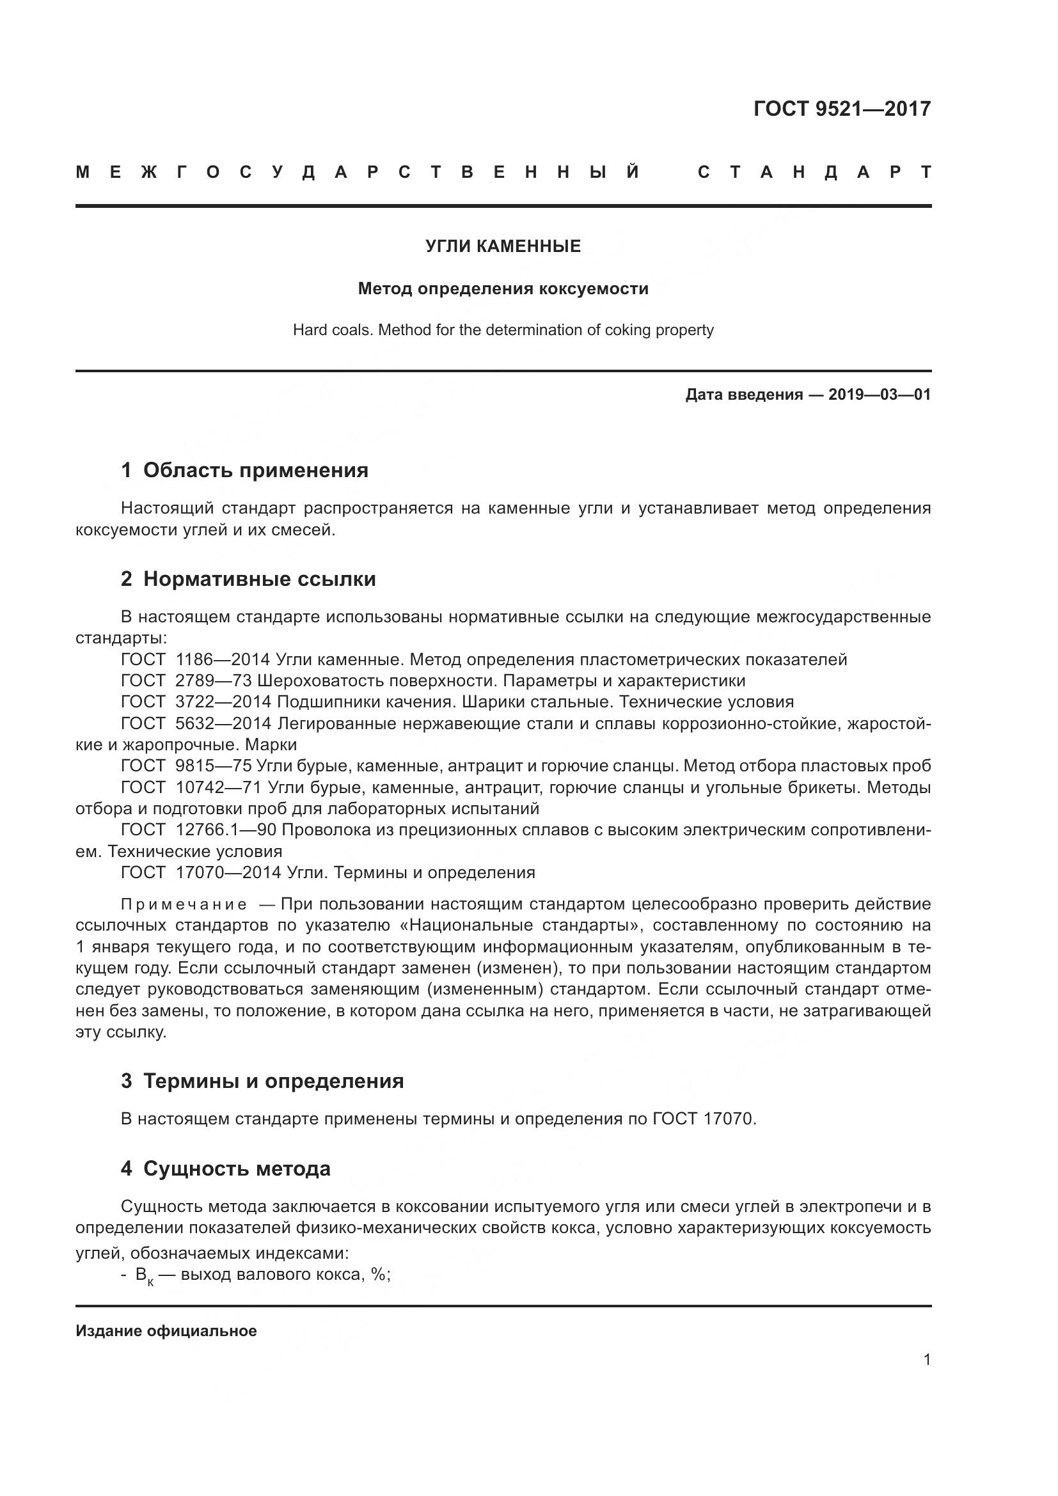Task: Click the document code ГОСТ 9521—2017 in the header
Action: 842,109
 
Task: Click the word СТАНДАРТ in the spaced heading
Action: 814,173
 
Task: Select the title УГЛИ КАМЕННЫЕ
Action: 503,246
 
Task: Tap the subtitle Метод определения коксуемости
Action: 503,288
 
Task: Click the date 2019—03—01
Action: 880,395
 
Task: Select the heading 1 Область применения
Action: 244,471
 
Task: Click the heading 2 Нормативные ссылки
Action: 248,579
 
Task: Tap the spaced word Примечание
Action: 184,905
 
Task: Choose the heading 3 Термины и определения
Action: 262,1082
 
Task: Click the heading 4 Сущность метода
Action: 225,1169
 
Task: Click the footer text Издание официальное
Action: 166,1331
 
